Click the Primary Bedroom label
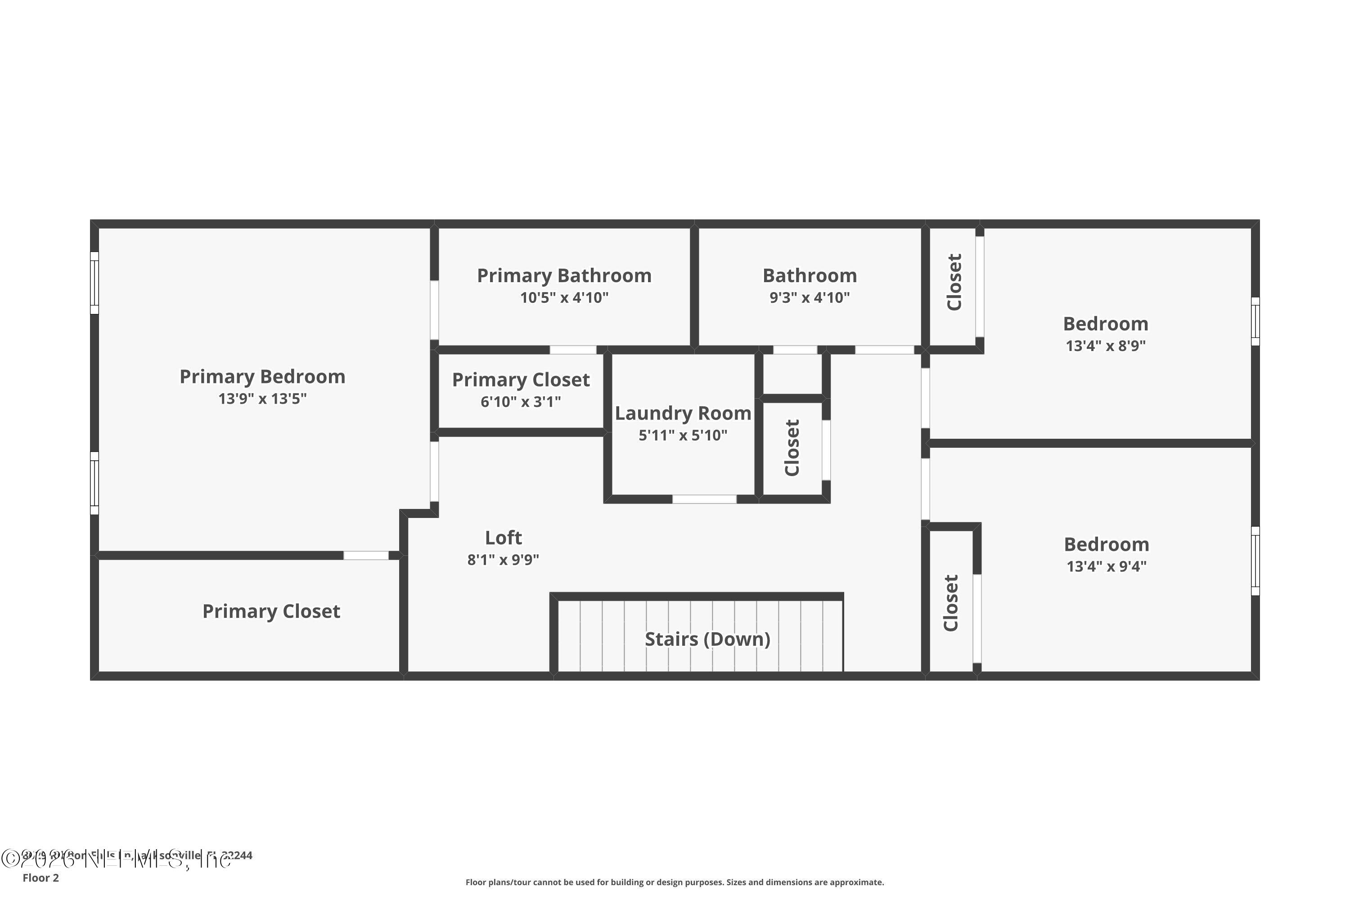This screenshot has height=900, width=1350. [262, 377]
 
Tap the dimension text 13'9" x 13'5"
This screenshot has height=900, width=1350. [262, 399]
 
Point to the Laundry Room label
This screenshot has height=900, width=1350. [683, 413]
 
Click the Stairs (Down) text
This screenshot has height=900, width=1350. [707, 639]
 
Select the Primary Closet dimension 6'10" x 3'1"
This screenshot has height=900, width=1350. [521, 402]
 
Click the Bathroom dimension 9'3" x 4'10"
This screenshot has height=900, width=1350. [809, 298]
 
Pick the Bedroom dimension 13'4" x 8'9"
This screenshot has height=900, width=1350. [1106, 346]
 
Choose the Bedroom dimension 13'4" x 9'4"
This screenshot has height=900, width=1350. [1106, 567]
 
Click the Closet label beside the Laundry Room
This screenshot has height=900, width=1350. [792, 448]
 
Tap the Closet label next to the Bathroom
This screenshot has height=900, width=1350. [954, 283]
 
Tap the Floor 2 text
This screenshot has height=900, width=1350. [41, 877]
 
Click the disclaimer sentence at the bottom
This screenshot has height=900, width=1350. [675, 882]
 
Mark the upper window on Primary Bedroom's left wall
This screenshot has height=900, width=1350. [94, 283]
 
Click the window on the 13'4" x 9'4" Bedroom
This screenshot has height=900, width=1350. [1255, 561]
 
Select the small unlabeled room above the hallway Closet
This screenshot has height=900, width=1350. [792, 373]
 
